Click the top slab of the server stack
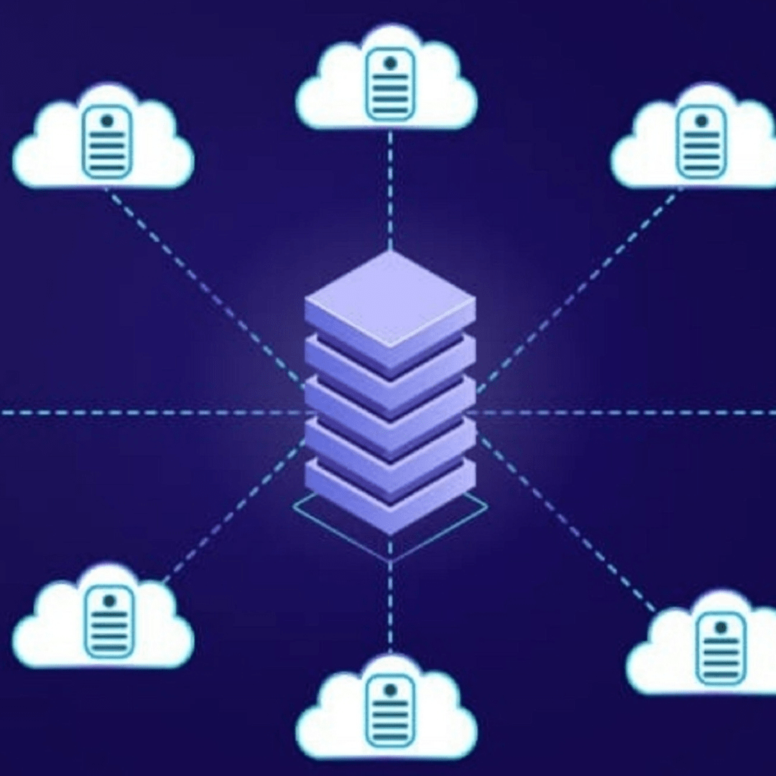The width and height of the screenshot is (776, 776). (389, 298)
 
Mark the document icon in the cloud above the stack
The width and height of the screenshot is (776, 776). (389, 83)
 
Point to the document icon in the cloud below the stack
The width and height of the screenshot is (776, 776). (389, 711)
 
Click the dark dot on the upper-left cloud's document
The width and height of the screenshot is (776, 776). (107, 121)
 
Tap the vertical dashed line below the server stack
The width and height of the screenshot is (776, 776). (389, 596)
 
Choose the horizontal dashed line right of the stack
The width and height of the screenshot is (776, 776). (625, 413)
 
